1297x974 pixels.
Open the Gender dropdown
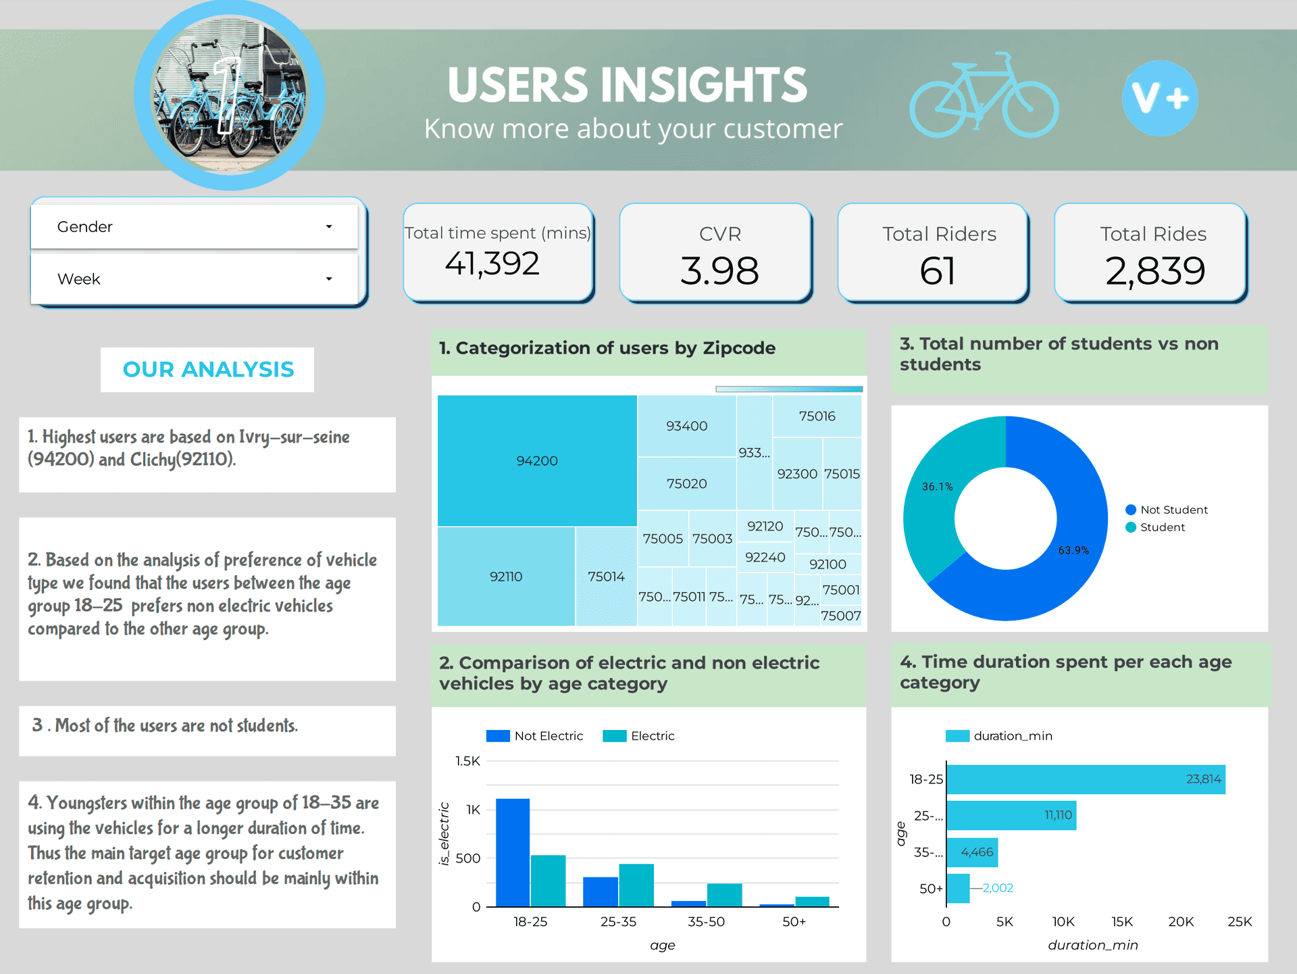(x=194, y=227)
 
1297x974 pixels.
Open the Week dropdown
(x=194, y=279)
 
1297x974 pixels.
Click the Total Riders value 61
(x=938, y=271)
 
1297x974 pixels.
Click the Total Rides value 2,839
(x=1154, y=271)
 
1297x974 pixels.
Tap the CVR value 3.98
(x=719, y=271)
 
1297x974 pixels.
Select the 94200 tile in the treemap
(x=537, y=461)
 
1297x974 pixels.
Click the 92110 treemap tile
(x=506, y=577)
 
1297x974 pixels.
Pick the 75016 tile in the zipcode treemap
(x=817, y=416)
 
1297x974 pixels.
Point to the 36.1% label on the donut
(x=937, y=487)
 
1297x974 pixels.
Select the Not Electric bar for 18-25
(x=513, y=852)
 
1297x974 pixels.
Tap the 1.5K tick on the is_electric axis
(x=467, y=761)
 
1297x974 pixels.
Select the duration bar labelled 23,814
(x=1085, y=779)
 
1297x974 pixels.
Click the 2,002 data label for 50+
(x=998, y=888)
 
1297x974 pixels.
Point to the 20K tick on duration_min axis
(x=1181, y=921)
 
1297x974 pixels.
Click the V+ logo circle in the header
(x=1160, y=98)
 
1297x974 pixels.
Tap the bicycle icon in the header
(x=984, y=98)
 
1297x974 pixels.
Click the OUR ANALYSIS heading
(x=208, y=370)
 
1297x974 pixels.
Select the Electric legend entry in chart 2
(x=639, y=736)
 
